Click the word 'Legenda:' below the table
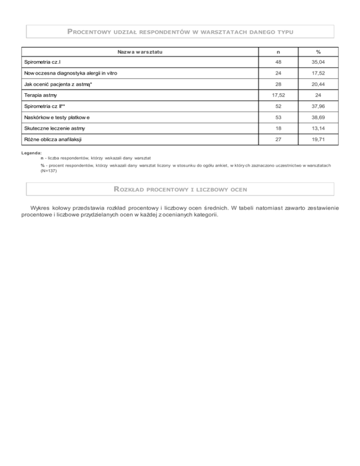[32, 153]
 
